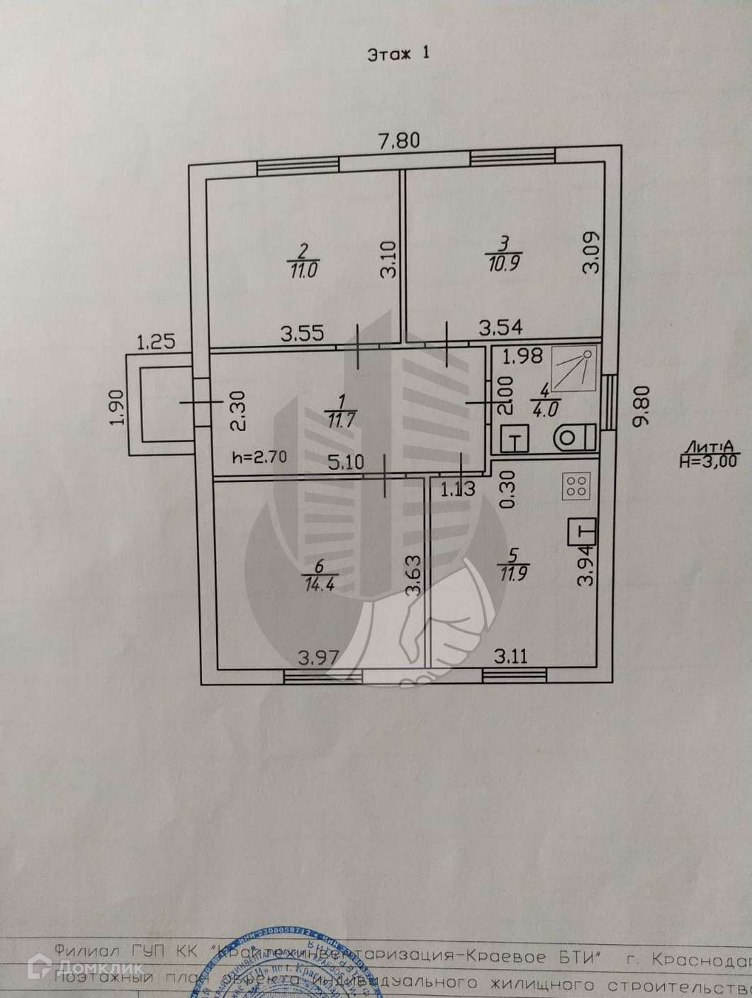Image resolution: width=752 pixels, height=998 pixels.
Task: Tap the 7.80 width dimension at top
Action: coord(399,141)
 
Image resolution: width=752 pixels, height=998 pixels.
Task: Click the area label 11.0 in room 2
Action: coord(303,269)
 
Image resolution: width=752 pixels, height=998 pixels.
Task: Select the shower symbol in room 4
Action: coord(574,369)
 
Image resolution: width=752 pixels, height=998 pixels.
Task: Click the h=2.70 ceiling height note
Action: coord(259,457)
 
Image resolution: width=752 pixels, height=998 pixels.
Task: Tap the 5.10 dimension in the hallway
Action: coord(347,463)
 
